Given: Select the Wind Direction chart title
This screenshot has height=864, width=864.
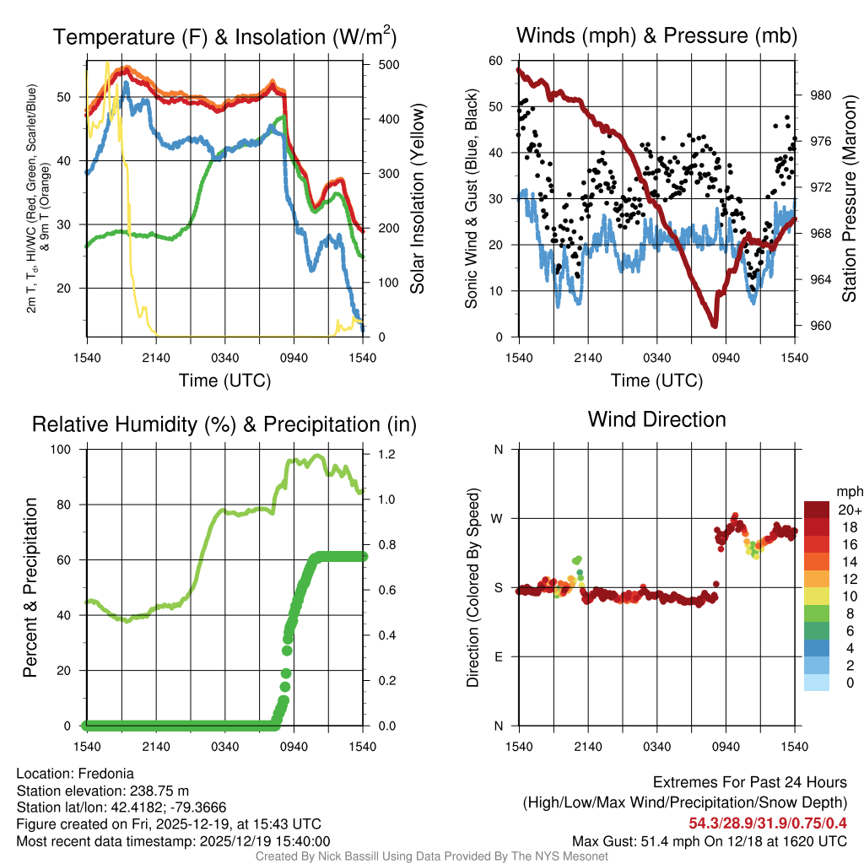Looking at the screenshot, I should [656, 419].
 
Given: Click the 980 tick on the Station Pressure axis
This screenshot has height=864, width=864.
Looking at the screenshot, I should [820, 95].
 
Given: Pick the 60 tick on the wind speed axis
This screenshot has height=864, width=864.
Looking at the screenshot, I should [496, 61].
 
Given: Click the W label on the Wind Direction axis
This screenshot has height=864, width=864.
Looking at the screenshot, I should [499, 519].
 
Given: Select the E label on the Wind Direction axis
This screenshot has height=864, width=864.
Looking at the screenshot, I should [499, 657].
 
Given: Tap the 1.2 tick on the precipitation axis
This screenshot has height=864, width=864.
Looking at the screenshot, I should [385, 455].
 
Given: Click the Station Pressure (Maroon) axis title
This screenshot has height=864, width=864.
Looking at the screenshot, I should [850, 198].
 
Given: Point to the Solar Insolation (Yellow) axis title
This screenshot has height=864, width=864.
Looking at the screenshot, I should [418, 198].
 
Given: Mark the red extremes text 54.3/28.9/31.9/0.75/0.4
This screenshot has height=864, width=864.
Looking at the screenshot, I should [768, 823].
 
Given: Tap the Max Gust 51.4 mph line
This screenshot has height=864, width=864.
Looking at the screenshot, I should [709, 840].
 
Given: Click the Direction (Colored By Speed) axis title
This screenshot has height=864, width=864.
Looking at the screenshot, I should [472, 587].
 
